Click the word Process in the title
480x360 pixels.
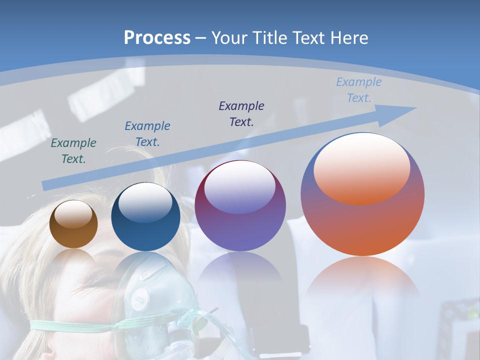pos(157,37)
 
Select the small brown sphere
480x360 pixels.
pos(73,224)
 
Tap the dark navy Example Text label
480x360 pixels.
pos(241,113)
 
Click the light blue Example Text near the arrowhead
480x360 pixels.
pos(358,90)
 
